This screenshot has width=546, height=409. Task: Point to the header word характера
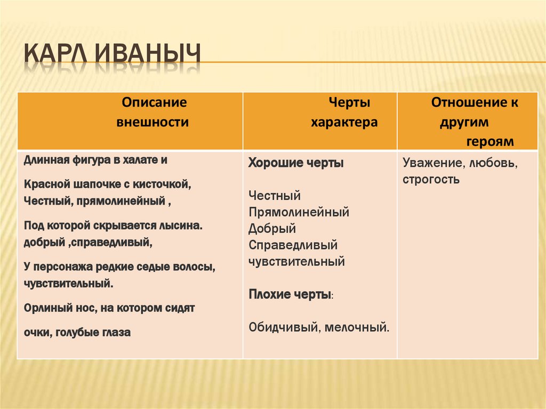click(x=344, y=122)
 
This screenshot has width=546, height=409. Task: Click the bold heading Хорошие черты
click(x=296, y=164)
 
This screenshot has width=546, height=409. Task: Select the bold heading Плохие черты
click(x=291, y=294)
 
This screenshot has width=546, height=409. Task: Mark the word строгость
click(x=431, y=179)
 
